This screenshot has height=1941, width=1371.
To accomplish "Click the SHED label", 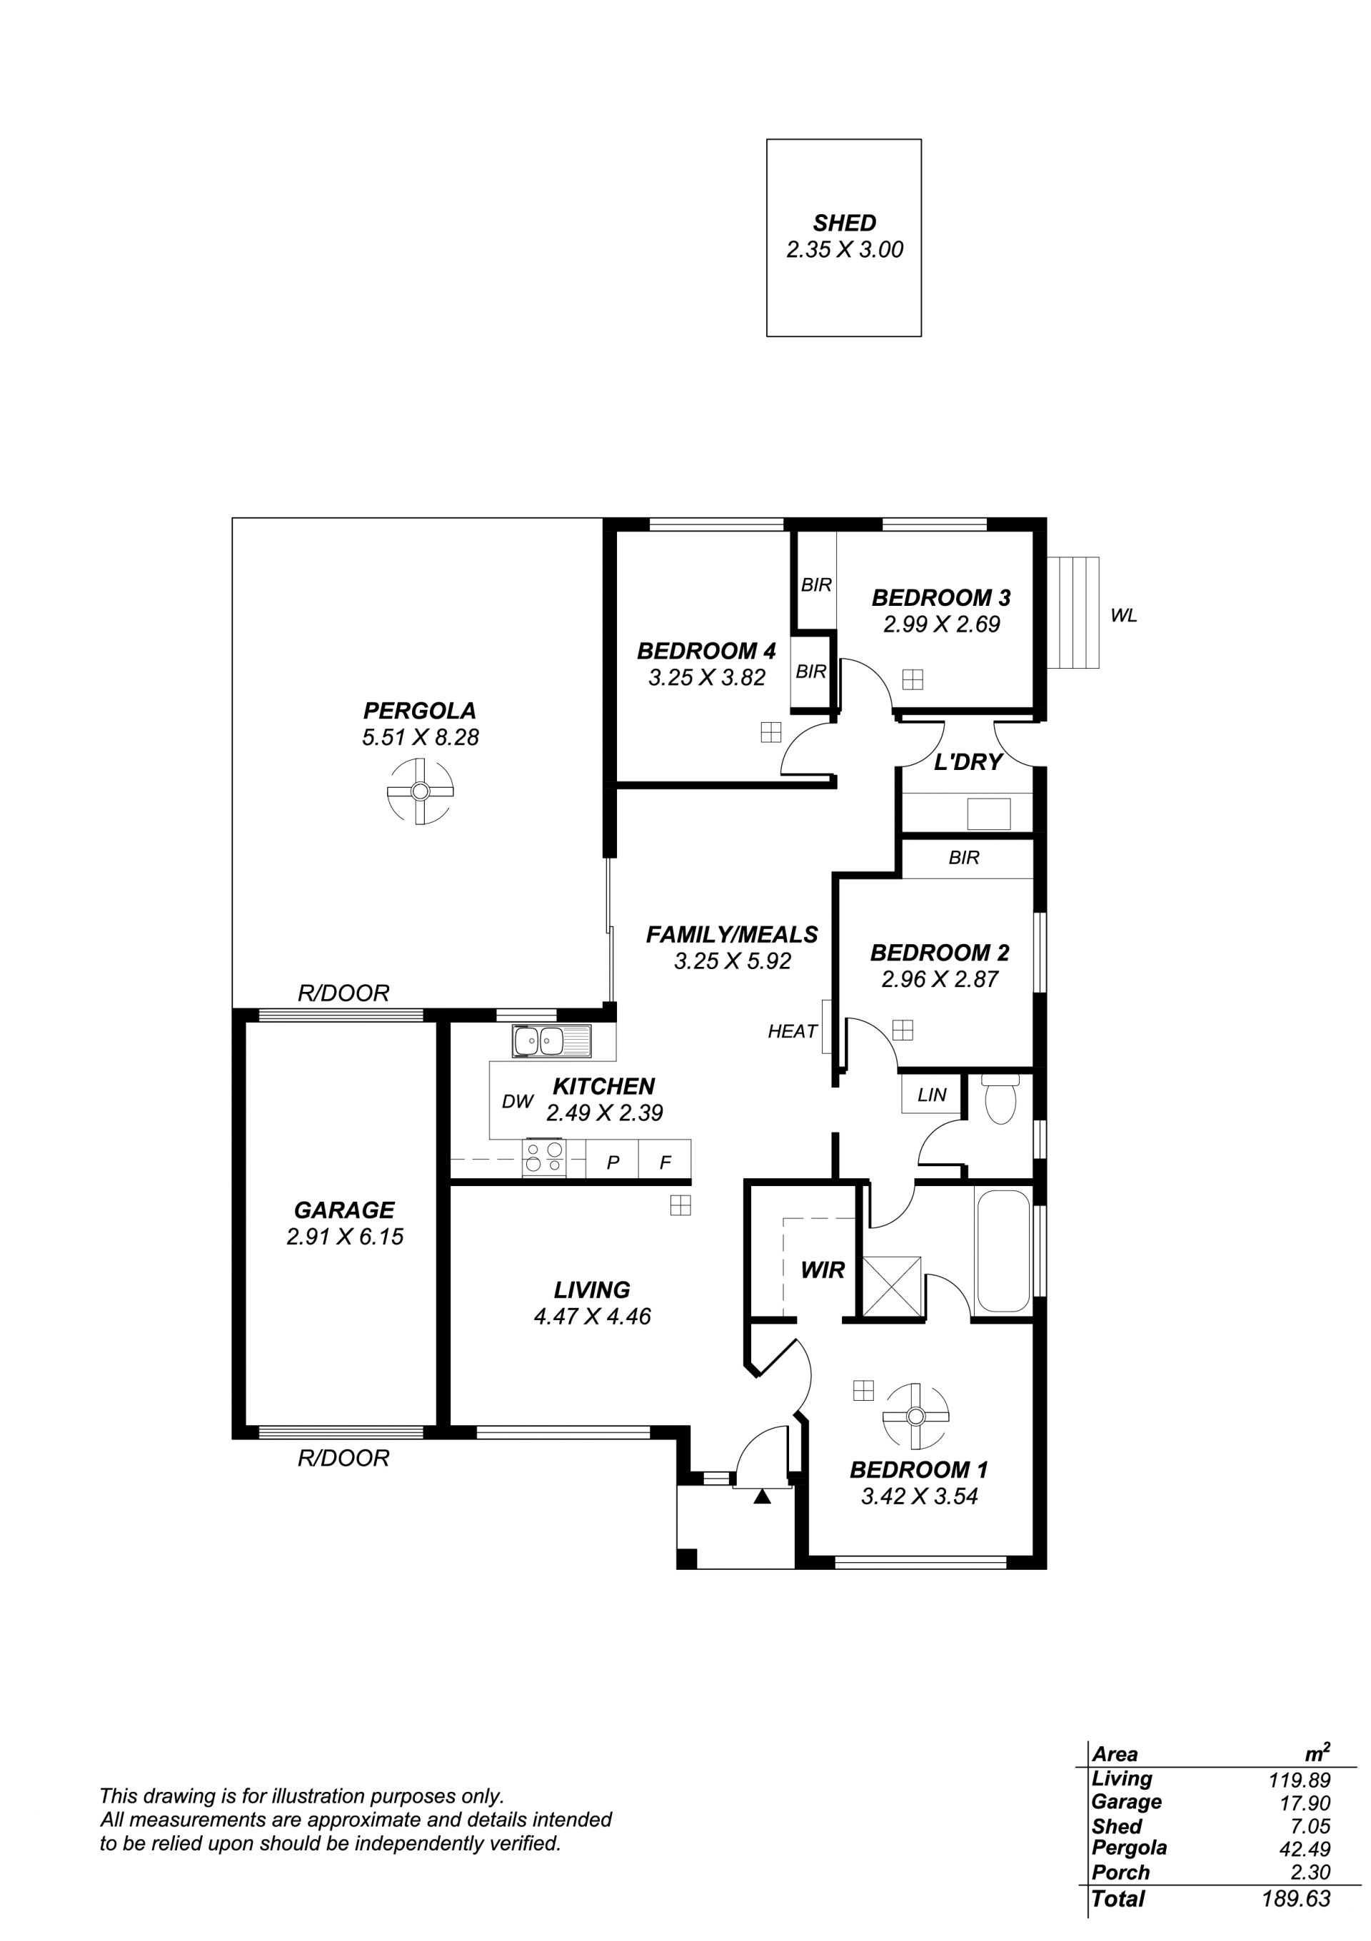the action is (x=844, y=223).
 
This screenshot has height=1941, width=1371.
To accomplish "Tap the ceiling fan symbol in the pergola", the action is (x=419, y=791).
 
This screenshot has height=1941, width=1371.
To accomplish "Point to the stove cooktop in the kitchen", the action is (x=545, y=1157).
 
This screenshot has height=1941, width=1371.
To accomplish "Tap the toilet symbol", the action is (x=1000, y=1098).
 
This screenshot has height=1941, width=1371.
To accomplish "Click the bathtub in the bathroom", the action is (x=1003, y=1250).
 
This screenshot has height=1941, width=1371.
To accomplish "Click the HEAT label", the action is (x=793, y=1031).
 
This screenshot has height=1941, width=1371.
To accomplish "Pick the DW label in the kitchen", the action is (x=518, y=1102).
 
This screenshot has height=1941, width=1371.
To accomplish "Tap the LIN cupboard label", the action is (x=932, y=1095).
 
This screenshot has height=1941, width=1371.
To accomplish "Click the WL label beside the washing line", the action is (x=1124, y=617).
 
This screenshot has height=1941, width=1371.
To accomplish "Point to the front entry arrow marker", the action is (x=762, y=1497).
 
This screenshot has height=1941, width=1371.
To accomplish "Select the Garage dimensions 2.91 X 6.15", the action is (x=345, y=1237).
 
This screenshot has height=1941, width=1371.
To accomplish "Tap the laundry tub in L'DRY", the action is (x=989, y=814).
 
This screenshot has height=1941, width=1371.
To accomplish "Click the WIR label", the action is (x=823, y=1269).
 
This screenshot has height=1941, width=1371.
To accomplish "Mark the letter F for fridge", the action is (x=665, y=1162).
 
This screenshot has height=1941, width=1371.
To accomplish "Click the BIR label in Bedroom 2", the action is (x=964, y=858).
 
